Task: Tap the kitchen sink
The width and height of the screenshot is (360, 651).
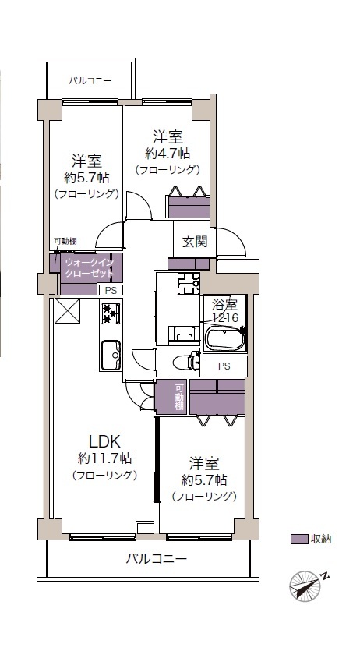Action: (111, 355)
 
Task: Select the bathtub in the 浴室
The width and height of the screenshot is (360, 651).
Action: (224, 338)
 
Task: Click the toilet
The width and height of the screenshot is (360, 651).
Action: (185, 362)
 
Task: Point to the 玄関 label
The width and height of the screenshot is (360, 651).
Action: (195, 241)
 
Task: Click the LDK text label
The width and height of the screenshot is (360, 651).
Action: (105, 440)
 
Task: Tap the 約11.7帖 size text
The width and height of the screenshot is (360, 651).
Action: (105, 458)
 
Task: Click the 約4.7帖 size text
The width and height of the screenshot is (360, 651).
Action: (168, 154)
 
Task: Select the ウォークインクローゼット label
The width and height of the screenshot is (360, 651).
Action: (90, 267)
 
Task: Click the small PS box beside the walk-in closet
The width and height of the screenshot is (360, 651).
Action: (111, 291)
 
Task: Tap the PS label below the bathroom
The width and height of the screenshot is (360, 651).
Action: (224, 366)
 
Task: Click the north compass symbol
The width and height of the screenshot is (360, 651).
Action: (308, 585)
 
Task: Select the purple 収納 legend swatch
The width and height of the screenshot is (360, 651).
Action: (299, 539)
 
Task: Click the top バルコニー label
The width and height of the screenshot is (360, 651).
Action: (90, 80)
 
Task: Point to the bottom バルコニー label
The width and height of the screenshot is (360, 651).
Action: (157, 558)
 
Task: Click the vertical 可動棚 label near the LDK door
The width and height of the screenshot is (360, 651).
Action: (179, 398)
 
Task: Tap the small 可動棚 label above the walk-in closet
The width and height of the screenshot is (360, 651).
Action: (65, 241)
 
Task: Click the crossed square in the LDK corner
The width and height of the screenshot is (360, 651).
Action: (67, 310)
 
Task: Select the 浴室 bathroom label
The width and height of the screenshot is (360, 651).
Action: (224, 305)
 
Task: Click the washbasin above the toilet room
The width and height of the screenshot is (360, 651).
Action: (182, 334)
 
